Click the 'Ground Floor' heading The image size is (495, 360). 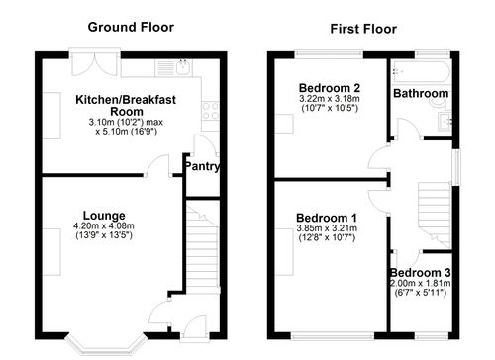point(131,27)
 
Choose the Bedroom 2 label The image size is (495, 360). point(327,88)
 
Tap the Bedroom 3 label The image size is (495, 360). point(419,272)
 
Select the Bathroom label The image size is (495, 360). point(421,94)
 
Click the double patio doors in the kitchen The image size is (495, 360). point(94,59)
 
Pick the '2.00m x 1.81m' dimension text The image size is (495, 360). point(419,283)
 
